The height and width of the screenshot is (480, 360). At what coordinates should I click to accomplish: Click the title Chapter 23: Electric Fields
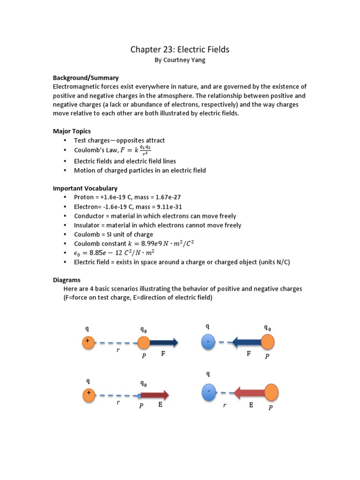(180, 49)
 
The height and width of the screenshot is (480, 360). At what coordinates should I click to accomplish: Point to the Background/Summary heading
(85, 78)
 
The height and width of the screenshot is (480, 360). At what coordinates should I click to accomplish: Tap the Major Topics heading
(72, 131)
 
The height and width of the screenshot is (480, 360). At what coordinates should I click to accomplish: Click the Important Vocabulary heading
(85, 188)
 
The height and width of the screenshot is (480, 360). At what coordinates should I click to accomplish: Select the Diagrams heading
(67, 280)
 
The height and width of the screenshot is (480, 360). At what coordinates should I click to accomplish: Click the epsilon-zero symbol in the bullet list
(77, 253)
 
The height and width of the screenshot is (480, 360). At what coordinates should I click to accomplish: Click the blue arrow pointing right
(164, 343)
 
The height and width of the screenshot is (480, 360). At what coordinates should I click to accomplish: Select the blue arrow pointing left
(247, 343)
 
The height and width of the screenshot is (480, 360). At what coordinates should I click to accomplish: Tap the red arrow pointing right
(155, 396)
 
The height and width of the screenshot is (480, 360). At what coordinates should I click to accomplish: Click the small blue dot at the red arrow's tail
(139, 396)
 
